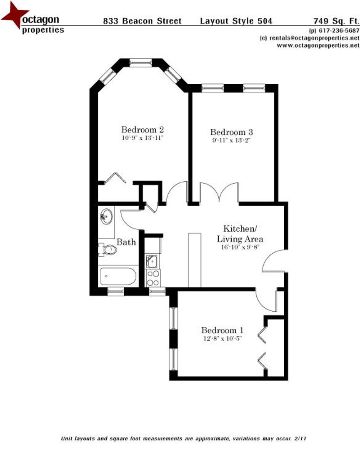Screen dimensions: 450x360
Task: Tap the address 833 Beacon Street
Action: [142, 21]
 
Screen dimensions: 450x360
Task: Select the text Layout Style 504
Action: [236, 21]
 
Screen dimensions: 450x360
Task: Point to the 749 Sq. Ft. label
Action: [336, 21]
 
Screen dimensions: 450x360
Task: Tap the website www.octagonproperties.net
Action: [318, 45]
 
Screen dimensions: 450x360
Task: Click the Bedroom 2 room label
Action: [140, 130]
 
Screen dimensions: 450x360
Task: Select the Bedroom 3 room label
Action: [231, 132]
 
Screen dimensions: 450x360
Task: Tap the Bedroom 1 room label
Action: [222, 330]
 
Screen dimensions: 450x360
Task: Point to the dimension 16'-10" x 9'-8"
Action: [241, 247]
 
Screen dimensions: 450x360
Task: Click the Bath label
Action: [126, 242]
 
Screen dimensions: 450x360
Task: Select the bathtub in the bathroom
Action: [118, 276]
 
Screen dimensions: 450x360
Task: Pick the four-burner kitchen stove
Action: [153, 277]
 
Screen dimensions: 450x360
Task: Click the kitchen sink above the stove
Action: [152, 261]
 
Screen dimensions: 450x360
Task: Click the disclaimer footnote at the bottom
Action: [184, 439]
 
